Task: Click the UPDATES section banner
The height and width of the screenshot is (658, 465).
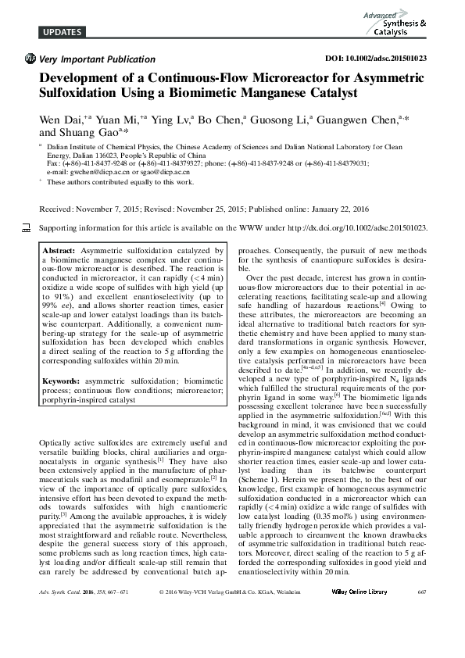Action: [x=59, y=32]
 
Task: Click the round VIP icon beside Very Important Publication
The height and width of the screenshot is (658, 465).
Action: [x=30, y=59]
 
